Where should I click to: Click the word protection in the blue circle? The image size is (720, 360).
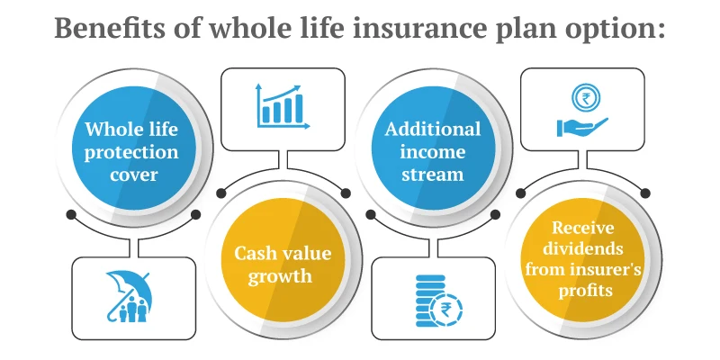coord(132,151)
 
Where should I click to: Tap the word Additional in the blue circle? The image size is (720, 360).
coord(433,129)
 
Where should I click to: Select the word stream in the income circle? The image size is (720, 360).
coord(433,175)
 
